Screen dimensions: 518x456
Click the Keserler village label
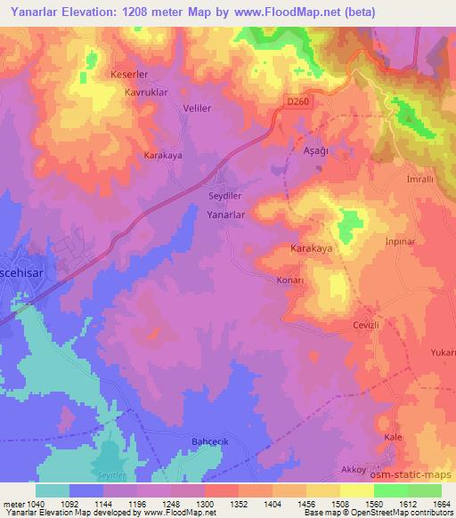(x=127, y=74)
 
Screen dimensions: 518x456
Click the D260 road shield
(x=297, y=102)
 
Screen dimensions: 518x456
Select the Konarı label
(x=290, y=279)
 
